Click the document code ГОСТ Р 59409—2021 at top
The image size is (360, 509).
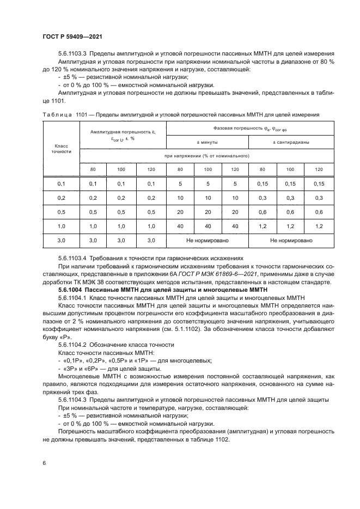(x=72, y=36)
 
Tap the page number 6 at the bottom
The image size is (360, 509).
(x=44, y=462)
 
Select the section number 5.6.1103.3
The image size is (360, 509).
(x=73, y=53)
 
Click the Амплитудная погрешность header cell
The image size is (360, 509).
(x=123, y=135)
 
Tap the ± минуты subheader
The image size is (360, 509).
(x=207, y=142)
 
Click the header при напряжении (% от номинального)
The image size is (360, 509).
(x=207, y=156)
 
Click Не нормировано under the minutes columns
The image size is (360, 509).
(x=207, y=240)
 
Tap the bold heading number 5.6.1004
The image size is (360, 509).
(x=72, y=291)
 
